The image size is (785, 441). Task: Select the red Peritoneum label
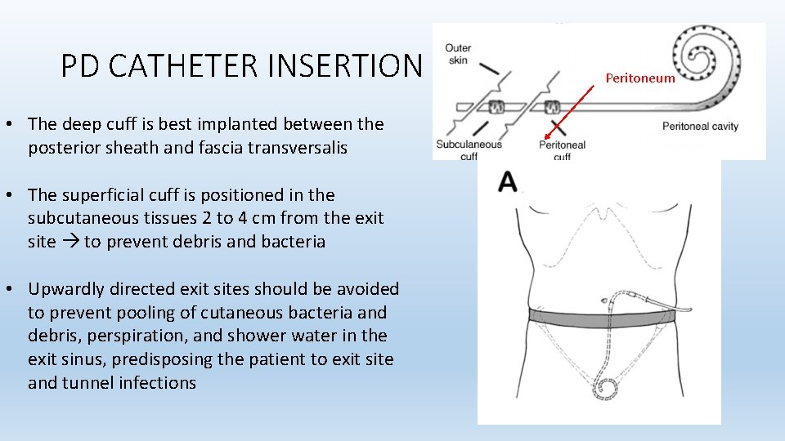click(640, 78)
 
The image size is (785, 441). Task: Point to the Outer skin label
click(458, 54)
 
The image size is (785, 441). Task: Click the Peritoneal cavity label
click(700, 126)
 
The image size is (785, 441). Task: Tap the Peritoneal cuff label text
click(562, 149)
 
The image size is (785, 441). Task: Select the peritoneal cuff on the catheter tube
click(551, 107)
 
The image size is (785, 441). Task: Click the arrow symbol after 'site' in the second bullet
click(70, 242)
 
